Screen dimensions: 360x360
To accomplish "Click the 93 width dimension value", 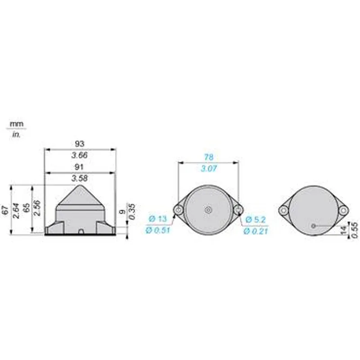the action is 80,144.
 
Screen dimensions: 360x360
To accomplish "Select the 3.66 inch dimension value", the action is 80,155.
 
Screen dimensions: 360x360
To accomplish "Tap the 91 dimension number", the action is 79,167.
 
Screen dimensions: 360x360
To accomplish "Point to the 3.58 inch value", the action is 80,178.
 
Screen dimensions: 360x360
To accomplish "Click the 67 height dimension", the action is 5,210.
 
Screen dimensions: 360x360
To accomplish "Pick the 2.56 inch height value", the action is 37,208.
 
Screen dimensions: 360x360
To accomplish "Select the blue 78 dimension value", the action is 209,157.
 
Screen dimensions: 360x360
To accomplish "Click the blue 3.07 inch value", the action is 209,169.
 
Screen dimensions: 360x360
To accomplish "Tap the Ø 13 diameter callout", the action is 158,219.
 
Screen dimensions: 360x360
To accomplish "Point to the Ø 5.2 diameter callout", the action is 256,220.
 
